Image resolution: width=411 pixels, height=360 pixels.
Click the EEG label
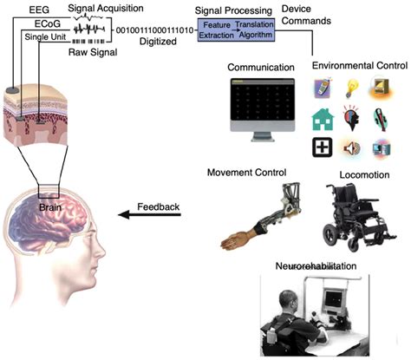(x=16, y=8)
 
